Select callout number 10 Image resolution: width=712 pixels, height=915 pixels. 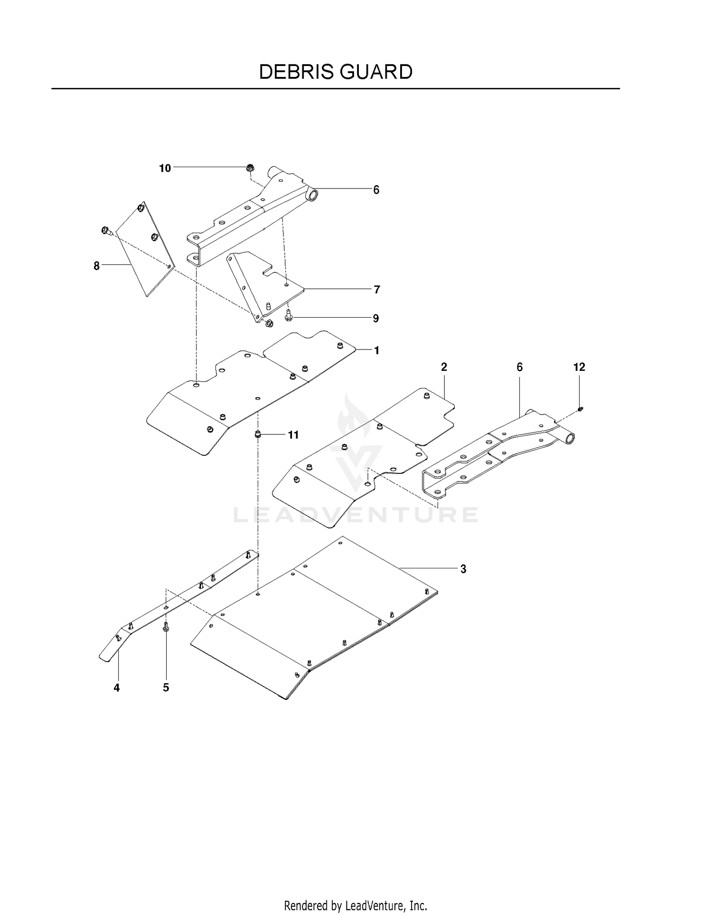(165, 168)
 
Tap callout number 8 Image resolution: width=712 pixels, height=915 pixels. (97, 266)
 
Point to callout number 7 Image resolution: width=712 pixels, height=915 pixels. (377, 289)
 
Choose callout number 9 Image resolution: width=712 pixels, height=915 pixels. (376, 318)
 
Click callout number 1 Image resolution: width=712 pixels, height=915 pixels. (377, 351)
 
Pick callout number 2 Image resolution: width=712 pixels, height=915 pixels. (444, 367)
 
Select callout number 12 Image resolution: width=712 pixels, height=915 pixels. (579, 367)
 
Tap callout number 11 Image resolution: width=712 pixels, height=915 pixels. (293, 435)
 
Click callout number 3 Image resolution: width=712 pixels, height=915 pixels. (463, 569)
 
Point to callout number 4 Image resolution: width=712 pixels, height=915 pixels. (117, 688)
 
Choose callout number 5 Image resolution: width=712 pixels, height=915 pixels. (166, 688)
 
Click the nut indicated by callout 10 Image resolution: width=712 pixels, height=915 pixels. (251, 168)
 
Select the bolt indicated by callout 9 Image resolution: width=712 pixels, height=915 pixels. (288, 315)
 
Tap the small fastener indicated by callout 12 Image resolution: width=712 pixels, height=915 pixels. (580, 409)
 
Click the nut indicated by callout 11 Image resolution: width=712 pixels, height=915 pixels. (258, 434)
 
